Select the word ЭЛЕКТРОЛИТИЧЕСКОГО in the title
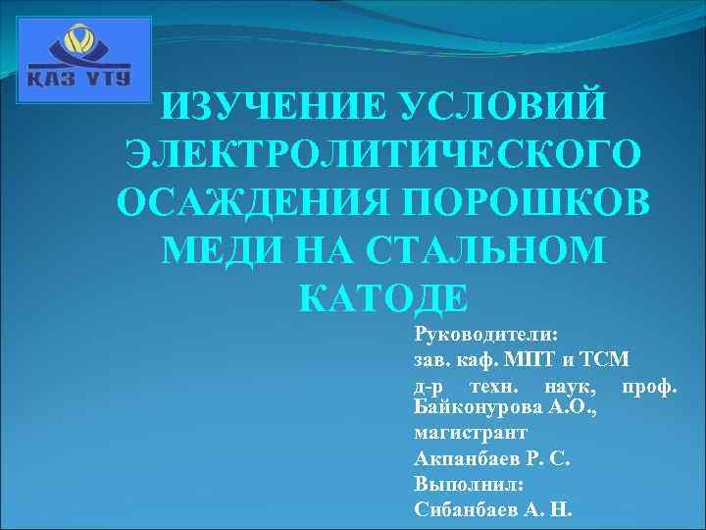[x=383, y=156]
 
